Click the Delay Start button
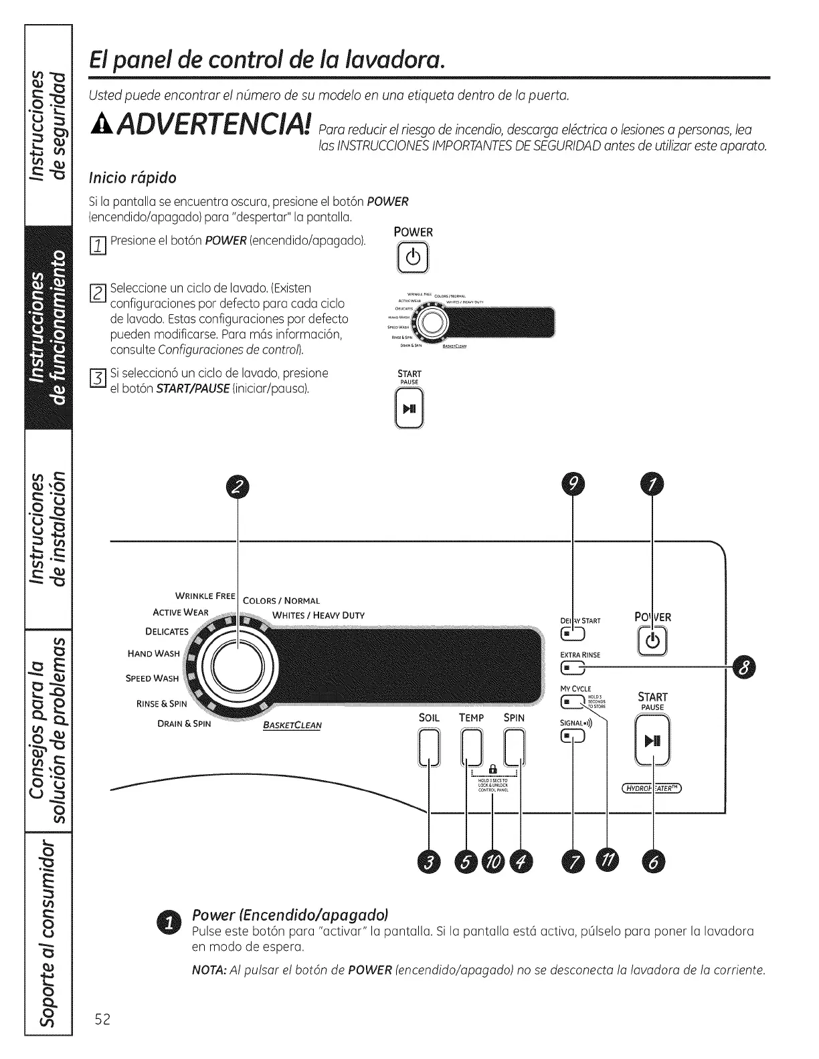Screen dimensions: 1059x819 [572, 632]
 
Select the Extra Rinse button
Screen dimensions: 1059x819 [572, 667]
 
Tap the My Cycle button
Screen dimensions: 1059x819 [572, 701]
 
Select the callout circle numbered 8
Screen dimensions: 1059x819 [744, 667]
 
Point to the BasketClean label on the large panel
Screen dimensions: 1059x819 [292, 725]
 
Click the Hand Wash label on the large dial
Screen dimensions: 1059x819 [153, 653]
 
